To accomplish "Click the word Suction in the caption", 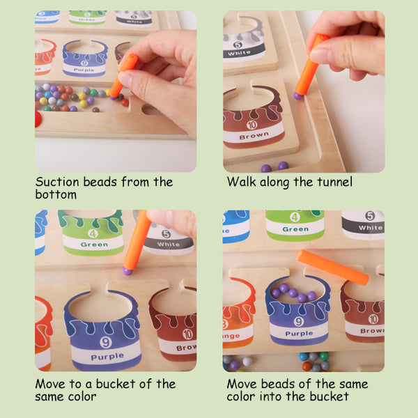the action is pos(57,182).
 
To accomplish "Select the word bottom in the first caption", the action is pos(56,194).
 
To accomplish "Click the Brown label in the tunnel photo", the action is pos(254,136).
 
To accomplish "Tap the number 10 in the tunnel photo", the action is pos(252,125).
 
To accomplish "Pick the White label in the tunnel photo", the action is pos(239,53).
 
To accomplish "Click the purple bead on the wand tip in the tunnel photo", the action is pos(298,95).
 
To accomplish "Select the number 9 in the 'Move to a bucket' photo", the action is pos(106,342).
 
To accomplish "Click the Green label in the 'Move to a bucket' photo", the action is pos(94,245).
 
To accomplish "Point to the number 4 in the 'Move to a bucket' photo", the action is pos(93,233).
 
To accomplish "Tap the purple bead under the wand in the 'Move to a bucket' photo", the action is pos(127,271).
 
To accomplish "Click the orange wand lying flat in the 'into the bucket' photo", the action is pos(333,267).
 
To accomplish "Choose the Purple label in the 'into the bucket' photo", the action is pos(299,334).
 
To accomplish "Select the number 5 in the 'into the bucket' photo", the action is pos(370,215).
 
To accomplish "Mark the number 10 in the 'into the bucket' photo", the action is pos(373,319).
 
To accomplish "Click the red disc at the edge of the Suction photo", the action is pos(38,119).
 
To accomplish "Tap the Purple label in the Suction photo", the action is pos(84,70).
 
